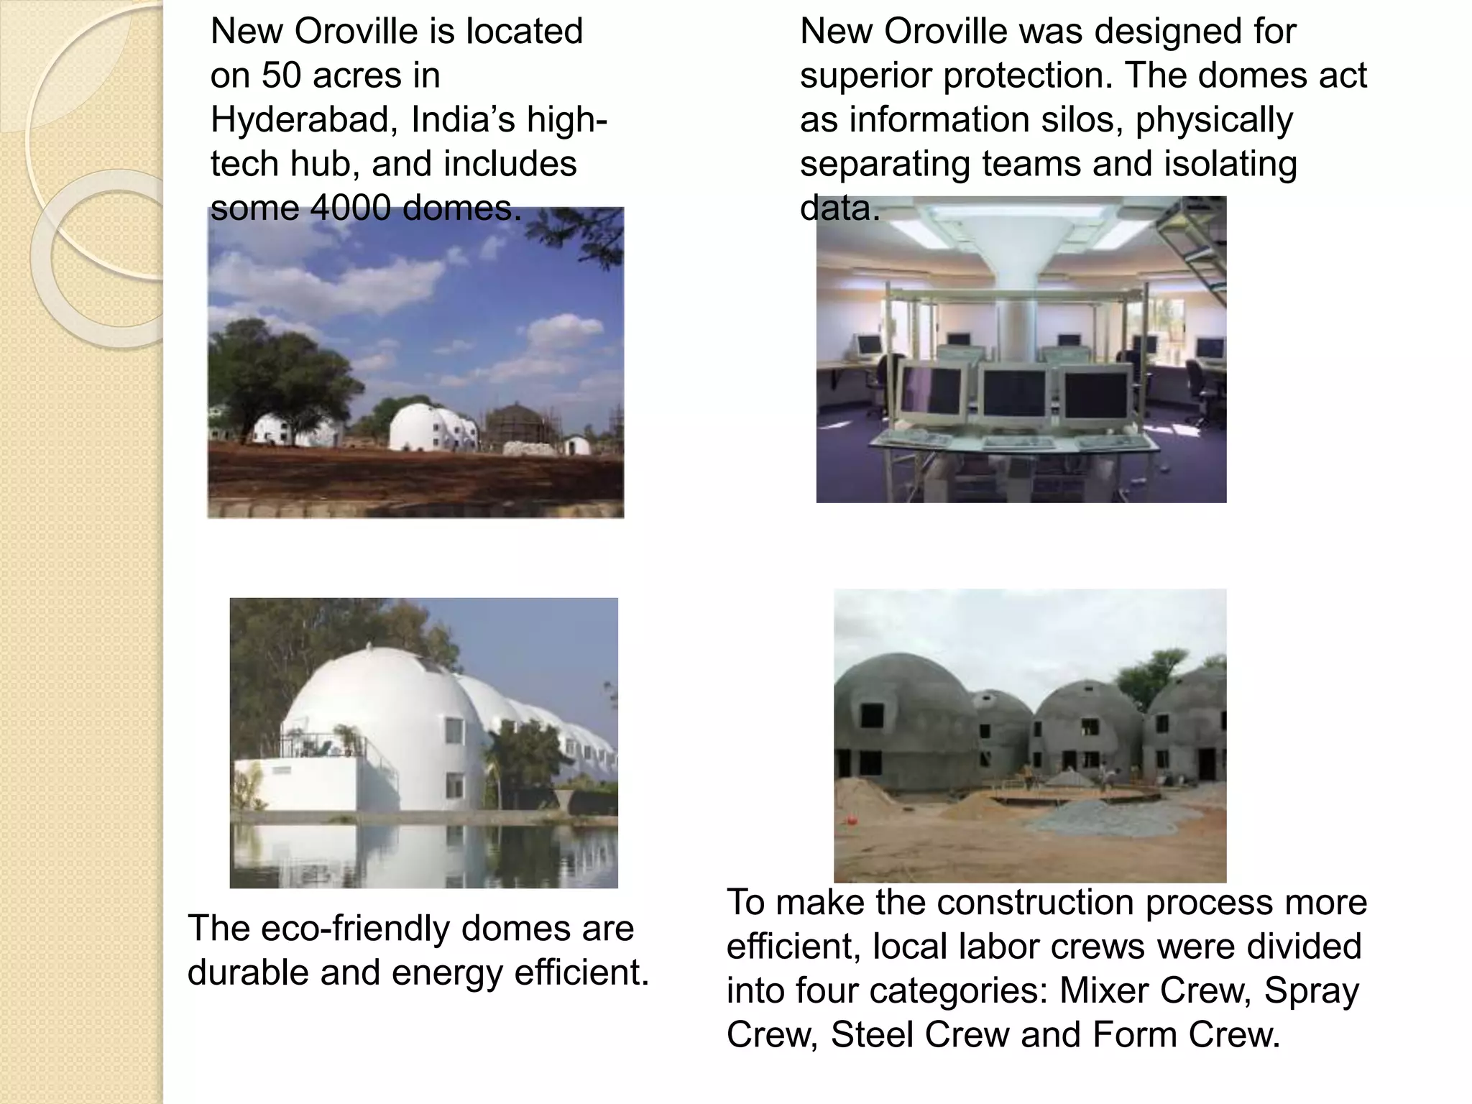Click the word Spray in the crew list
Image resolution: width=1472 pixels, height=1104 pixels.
click(1311, 990)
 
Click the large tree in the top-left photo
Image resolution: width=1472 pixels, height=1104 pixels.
click(277, 374)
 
